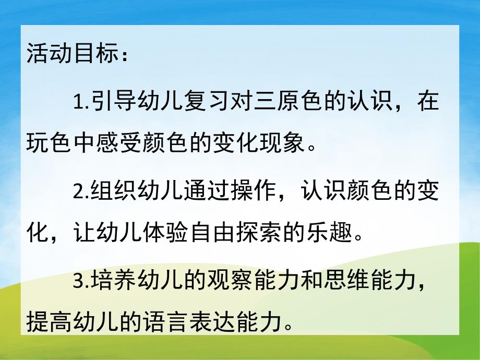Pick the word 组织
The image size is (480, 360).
[114, 191]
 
